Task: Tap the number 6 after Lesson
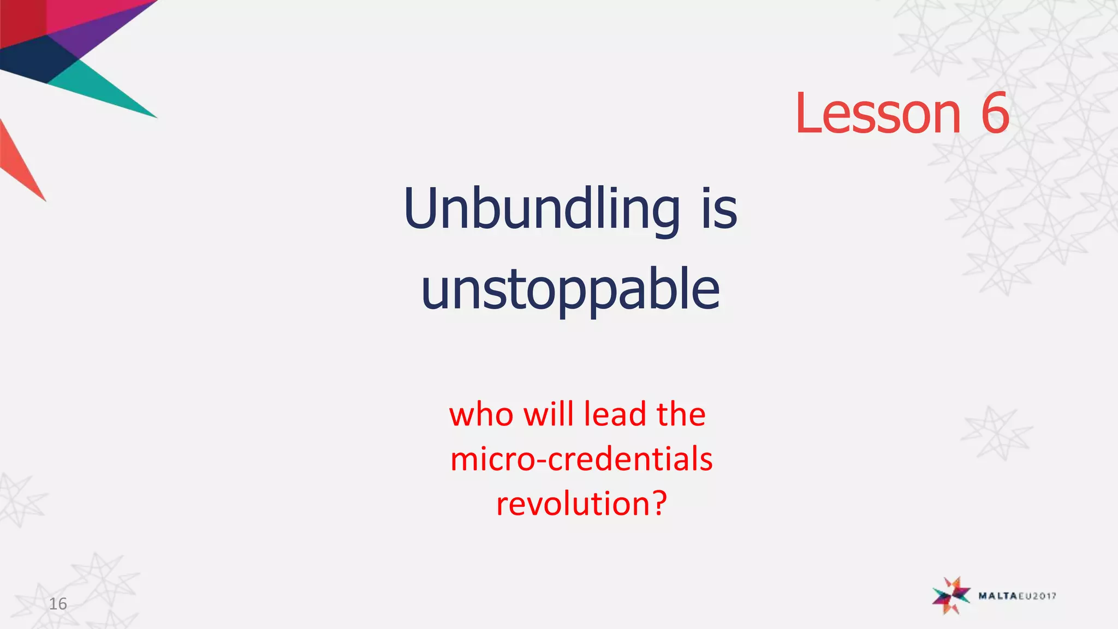coord(995,114)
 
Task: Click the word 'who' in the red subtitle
coord(481,414)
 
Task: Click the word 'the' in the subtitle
coord(681,414)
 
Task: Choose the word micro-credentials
coord(581,459)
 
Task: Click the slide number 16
coord(58,604)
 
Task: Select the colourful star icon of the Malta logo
coord(952,595)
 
